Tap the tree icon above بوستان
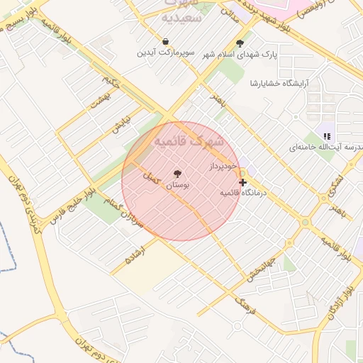pos(177,174)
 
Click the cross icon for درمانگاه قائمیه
pos(243,182)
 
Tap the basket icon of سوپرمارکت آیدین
pos(165,42)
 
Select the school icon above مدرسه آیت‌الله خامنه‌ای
pos(326,135)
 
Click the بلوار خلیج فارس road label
pos(71,203)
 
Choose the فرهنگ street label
pos(244,306)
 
